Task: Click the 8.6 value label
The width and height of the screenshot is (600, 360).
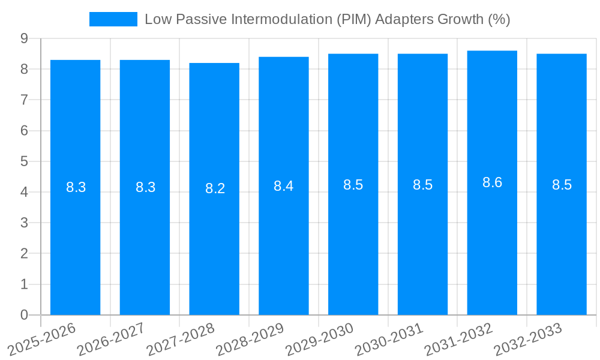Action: pyautogui.click(x=492, y=182)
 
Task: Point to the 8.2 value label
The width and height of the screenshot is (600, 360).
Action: pyautogui.click(x=215, y=188)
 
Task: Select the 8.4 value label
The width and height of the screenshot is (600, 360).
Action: pyautogui.click(x=284, y=186)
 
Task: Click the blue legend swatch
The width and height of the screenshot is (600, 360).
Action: pyautogui.click(x=113, y=19)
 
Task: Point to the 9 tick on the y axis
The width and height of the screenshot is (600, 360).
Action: pyautogui.click(x=24, y=38)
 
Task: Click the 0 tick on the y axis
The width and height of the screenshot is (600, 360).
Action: pyautogui.click(x=24, y=315)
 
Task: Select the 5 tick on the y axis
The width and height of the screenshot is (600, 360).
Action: pyautogui.click(x=24, y=161)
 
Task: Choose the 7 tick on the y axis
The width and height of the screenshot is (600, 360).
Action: pyautogui.click(x=24, y=100)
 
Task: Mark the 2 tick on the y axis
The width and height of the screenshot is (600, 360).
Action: pyautogui.click(x=24, y=253)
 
